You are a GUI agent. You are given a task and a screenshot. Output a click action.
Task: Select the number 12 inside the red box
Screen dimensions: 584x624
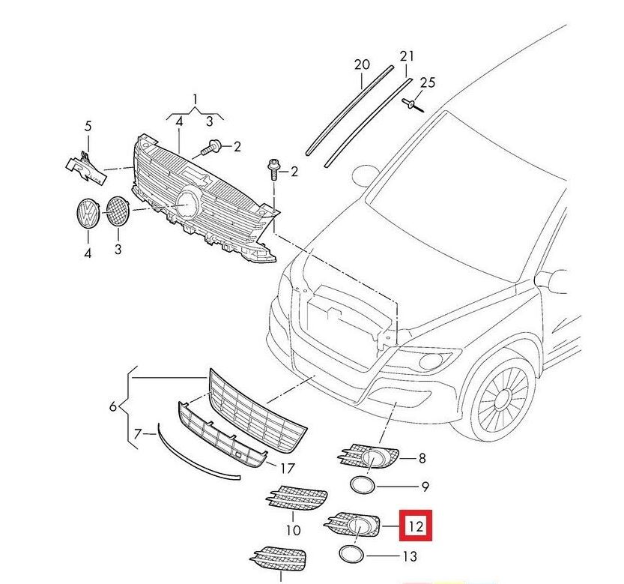pyautogui.click(x=416, y=527)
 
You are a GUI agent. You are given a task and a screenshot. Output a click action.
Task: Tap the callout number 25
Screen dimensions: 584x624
pyautogui.click(x=427, y=82)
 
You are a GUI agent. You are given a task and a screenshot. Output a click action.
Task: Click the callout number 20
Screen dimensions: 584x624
pyautogui.click(x=362, y=65)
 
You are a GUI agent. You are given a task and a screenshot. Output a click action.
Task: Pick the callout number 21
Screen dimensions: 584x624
pyautogui.click(x=407, y=56)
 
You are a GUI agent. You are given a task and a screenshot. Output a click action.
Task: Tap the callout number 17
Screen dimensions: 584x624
pyautogui.click(x=287, y=469)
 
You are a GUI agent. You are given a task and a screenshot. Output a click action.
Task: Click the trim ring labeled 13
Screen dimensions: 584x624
pyautogui.click(x=352, y=555)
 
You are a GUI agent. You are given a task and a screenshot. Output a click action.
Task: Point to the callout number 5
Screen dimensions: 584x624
pyautogui.click(x=87, y=125)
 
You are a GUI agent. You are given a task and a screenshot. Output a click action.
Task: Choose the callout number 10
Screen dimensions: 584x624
pyautogui.click(x=293, y=530)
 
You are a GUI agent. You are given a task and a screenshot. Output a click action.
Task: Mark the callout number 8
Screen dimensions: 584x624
pyautogui.click(x=422, y=457)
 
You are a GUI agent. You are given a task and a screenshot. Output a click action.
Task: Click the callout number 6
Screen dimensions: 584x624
pyautogui.click(x=113, y=406)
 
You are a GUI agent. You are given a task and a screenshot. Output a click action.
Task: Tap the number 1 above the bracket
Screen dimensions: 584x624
pyautogui.click(x=196, y=99)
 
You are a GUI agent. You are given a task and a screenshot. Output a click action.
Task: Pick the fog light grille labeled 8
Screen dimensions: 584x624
pyautogui.click(x=369, y=457)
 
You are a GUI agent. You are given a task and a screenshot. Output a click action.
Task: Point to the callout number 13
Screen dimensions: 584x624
pyautogui.click(x=409, y=556)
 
